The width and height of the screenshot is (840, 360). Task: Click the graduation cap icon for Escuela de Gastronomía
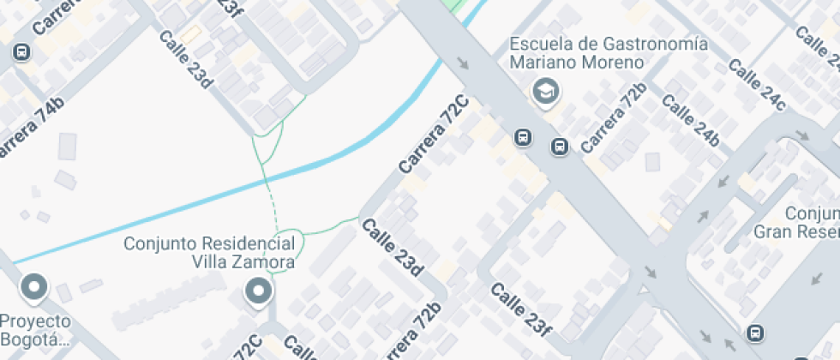543,90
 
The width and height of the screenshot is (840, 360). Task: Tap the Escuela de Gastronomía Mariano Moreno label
609,53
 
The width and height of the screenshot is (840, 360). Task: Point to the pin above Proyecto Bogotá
34,288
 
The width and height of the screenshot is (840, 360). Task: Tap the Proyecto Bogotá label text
34,330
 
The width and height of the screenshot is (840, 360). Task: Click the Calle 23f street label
520,309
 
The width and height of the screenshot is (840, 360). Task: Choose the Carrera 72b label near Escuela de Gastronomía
613,118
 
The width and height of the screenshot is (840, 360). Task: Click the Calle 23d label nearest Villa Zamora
393,248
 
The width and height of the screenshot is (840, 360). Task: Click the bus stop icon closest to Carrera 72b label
560,147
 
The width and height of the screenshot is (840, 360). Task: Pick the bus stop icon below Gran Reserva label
755,333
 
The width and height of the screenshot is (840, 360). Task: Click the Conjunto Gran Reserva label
797,222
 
